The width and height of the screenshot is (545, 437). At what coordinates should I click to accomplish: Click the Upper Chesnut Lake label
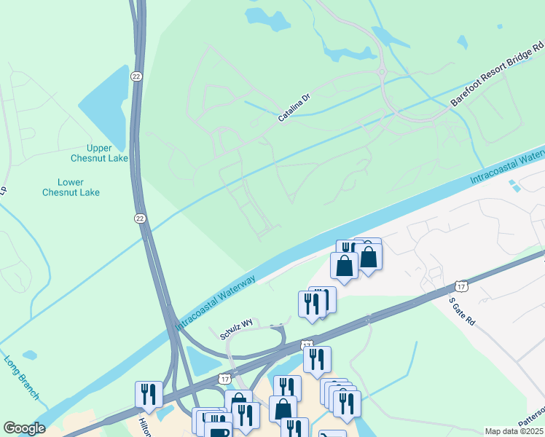click(99, 153)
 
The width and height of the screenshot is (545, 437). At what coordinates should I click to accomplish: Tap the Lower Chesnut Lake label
click(71, 187)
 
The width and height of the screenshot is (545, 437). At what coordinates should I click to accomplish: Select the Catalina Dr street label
click(294, 107)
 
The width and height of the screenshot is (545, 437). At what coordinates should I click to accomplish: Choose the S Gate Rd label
click(461, 311)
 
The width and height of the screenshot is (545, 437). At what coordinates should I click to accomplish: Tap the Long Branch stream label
click(21, 377)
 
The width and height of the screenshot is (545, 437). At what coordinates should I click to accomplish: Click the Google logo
click(24, 428)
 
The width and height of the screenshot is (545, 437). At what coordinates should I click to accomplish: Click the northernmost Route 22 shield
click(136, 76)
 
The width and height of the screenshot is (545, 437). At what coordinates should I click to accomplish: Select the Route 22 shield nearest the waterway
click(139, 218)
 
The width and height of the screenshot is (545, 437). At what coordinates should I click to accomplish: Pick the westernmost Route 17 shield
click(225, 379)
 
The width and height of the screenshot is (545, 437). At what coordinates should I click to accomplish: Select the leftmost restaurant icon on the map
click(149, 394)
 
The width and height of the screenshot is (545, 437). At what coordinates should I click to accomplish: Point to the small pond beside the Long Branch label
click(29, 355)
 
